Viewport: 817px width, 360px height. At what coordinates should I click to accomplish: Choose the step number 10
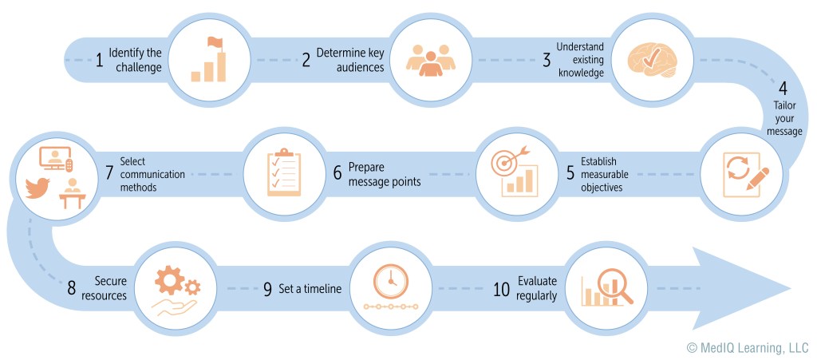click(501, 288)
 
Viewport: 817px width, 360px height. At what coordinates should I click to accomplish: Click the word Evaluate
click(537, 281)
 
